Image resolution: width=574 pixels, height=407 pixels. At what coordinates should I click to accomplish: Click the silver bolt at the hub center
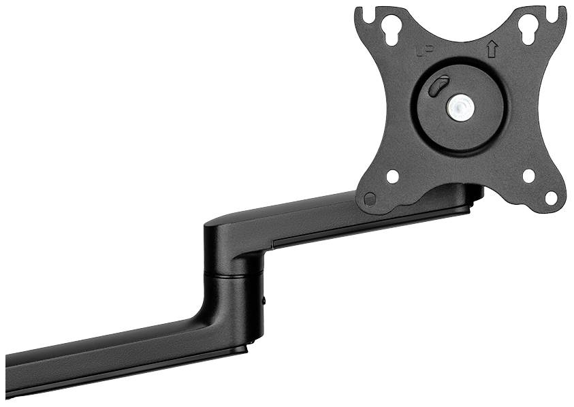(x=461, y=107)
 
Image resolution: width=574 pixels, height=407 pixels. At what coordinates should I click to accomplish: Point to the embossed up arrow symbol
(x=492, y=50)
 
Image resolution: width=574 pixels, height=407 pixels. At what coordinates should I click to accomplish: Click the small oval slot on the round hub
(x=441, y=86)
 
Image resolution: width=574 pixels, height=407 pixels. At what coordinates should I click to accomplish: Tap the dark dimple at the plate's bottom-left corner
(x=370, y=199)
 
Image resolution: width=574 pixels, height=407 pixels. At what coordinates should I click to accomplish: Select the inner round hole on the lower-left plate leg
(x=393, y=176)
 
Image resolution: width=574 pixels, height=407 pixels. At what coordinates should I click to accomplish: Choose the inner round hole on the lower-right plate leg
(x=528, y=176)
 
